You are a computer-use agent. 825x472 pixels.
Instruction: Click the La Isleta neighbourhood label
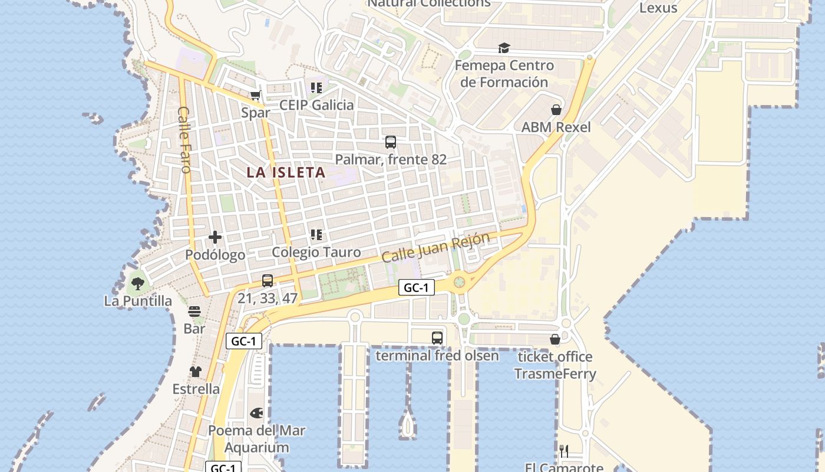pyautogui.click(x=286, y=172)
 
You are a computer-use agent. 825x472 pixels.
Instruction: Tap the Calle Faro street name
pyautogui.click(x=184, y=140)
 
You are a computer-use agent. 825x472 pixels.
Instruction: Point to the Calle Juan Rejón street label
pyautogui.click(x=435, y=248)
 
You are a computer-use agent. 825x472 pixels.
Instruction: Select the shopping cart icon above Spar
pyautogui.click(x=256, y=96)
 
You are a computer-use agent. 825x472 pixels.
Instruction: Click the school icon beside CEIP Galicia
pyautogui.click(x=316, y=88)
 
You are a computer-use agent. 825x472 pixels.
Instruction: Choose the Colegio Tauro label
pyautogui.click(x=316, y=252)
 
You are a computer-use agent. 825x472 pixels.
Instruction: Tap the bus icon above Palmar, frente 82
pyautogui.click(x=391, y=142)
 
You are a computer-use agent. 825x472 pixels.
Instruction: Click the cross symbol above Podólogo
pyautogui.click(x=215, y=237)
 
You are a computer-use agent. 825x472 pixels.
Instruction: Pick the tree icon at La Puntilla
pyautogui.click(x=138, y=284)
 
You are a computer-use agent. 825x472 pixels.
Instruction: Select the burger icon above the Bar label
pyautogui.click(x=194, y=312)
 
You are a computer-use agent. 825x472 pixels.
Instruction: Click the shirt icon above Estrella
pyautogui.click(x=196, y=372)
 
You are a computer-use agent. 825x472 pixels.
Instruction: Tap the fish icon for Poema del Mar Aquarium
pyautogui.click(x=257, y=413)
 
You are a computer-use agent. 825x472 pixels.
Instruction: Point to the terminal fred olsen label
pyautogui.click(x=437, y=356)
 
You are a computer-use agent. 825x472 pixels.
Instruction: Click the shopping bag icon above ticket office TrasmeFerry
pyautogui.click(x=555, y=339)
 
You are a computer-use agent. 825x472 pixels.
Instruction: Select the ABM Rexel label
pyautogui.click(x=556, y=127)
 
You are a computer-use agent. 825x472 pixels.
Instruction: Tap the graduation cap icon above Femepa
pyautogui.click(x=504, y=48)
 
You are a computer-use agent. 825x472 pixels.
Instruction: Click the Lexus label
pyautogui.click(x=658, y=8)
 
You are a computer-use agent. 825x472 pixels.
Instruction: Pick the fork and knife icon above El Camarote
pyautogui.click(x=564, y=451)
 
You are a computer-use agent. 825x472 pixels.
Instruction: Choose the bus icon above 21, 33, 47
pyautogui.click(x=268, y=281)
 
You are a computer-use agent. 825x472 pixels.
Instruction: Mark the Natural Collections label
pyautogui.click(x=429, y=4)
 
